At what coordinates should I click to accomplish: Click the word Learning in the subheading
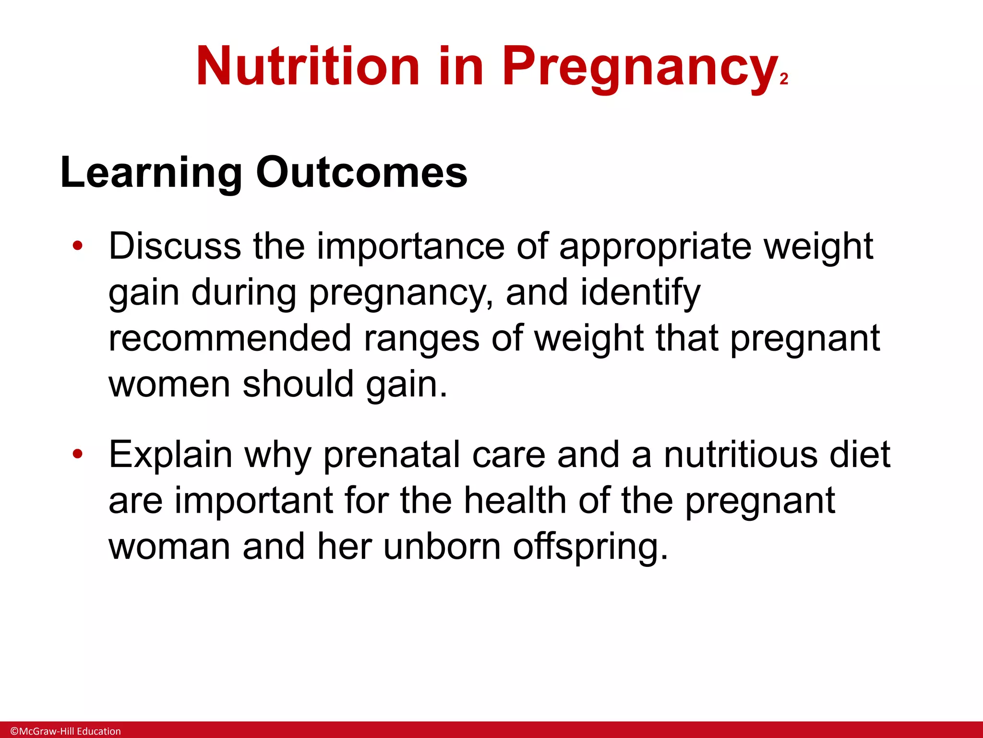152,173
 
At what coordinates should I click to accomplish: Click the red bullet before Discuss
78,246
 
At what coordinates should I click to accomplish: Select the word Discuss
175,246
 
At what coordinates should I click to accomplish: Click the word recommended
230,338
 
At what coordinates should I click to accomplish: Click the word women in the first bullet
169,384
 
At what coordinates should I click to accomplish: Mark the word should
298,384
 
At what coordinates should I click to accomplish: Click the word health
515,501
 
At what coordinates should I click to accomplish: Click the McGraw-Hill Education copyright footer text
66,731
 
